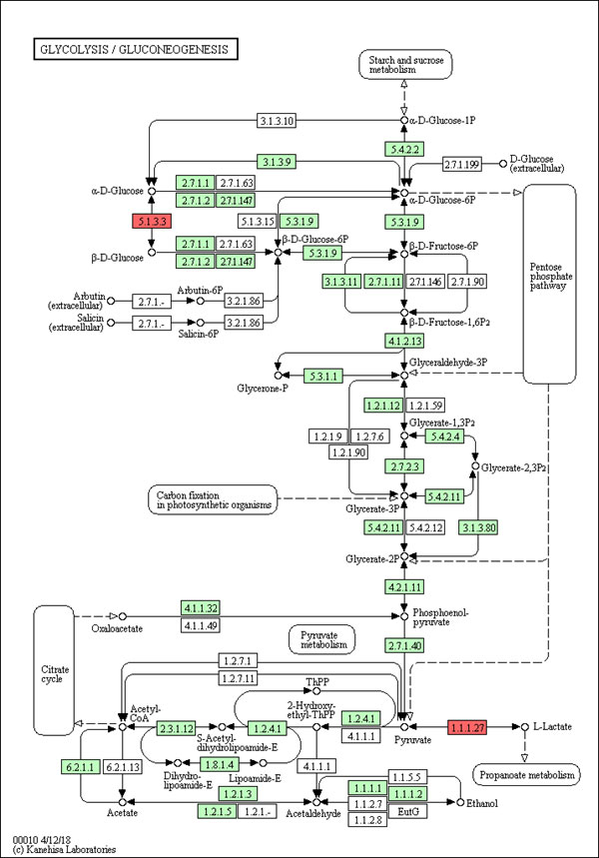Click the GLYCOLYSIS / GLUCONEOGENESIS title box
coord(134,48)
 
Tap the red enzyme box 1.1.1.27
coord(466,727)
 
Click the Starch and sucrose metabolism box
coord(404,64)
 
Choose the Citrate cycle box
coord(53,669)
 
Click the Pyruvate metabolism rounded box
coord(321,639)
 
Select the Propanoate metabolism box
coord(526,775)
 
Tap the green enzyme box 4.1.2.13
coord(404,342)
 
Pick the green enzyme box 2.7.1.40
coord(404,647)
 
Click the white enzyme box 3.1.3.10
coord(276,122)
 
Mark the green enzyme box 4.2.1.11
coord(404,585)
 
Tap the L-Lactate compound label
coord(552,727)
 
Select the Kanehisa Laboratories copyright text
coord(66,849)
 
